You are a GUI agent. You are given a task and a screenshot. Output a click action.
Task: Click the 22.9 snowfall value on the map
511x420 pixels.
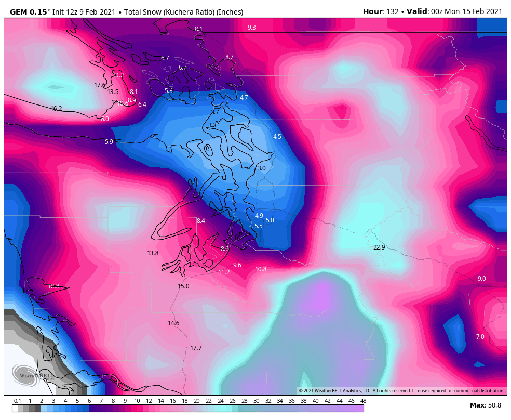(379, 247)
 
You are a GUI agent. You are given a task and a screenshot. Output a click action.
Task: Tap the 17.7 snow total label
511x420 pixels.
(196, 348)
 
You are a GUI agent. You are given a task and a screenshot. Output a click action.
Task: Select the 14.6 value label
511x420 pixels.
(173, 323)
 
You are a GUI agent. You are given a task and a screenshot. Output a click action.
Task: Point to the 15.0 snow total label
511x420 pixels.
(183, 286)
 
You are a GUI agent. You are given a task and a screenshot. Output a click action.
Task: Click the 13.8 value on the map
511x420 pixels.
(153, 253)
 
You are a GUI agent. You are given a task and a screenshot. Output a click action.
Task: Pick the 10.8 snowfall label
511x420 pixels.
(261, 269)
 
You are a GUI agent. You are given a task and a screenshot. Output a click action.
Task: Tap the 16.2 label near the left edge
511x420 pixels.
(56, 109)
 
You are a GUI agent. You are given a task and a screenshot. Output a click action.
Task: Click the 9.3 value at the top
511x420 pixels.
(251, 28)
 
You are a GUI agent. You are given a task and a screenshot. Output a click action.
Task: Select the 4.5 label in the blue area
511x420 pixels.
(277, 137)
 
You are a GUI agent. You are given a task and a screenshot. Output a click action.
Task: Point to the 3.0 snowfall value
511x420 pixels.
(261, 168)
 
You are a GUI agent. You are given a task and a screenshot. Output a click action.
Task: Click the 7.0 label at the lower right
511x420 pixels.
(480, 337)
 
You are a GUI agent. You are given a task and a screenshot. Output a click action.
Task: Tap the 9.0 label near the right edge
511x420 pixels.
(481, 279)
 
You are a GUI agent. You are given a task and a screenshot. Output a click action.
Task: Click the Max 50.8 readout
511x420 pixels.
(485, 405)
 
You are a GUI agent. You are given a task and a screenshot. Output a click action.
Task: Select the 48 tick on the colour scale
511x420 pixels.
(363, 401)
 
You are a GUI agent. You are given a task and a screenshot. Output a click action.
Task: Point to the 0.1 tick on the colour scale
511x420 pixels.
(17, 401)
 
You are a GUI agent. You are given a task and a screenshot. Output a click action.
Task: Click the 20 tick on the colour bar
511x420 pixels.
(196, 401)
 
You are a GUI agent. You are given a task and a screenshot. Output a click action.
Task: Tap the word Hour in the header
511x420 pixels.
(373, 11)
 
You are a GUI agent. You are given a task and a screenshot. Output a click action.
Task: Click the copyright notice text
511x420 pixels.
(401, 391)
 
